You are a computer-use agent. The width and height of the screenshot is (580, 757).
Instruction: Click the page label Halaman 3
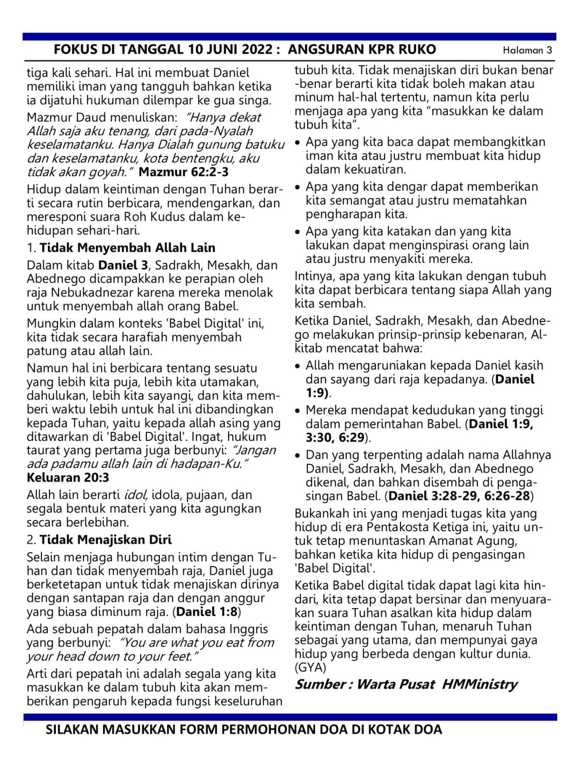[527, 51]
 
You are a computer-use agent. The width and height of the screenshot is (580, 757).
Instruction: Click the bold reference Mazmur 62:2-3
[183, 172]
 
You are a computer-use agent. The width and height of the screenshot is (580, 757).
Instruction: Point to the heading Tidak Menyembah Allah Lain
[127, 248]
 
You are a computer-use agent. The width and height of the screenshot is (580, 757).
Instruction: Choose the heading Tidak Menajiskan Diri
[106, 539]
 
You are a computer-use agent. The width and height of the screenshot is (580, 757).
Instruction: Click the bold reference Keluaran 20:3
[68, 477]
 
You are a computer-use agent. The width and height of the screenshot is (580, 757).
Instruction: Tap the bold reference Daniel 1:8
[207, 611]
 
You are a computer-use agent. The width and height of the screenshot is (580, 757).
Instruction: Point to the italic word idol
[136, 495]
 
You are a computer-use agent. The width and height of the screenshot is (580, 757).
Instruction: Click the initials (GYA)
[310, 667]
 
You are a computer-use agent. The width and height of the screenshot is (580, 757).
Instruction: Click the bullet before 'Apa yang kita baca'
[298, 143]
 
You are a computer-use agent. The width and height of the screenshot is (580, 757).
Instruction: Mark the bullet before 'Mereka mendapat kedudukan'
[298, 411]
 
